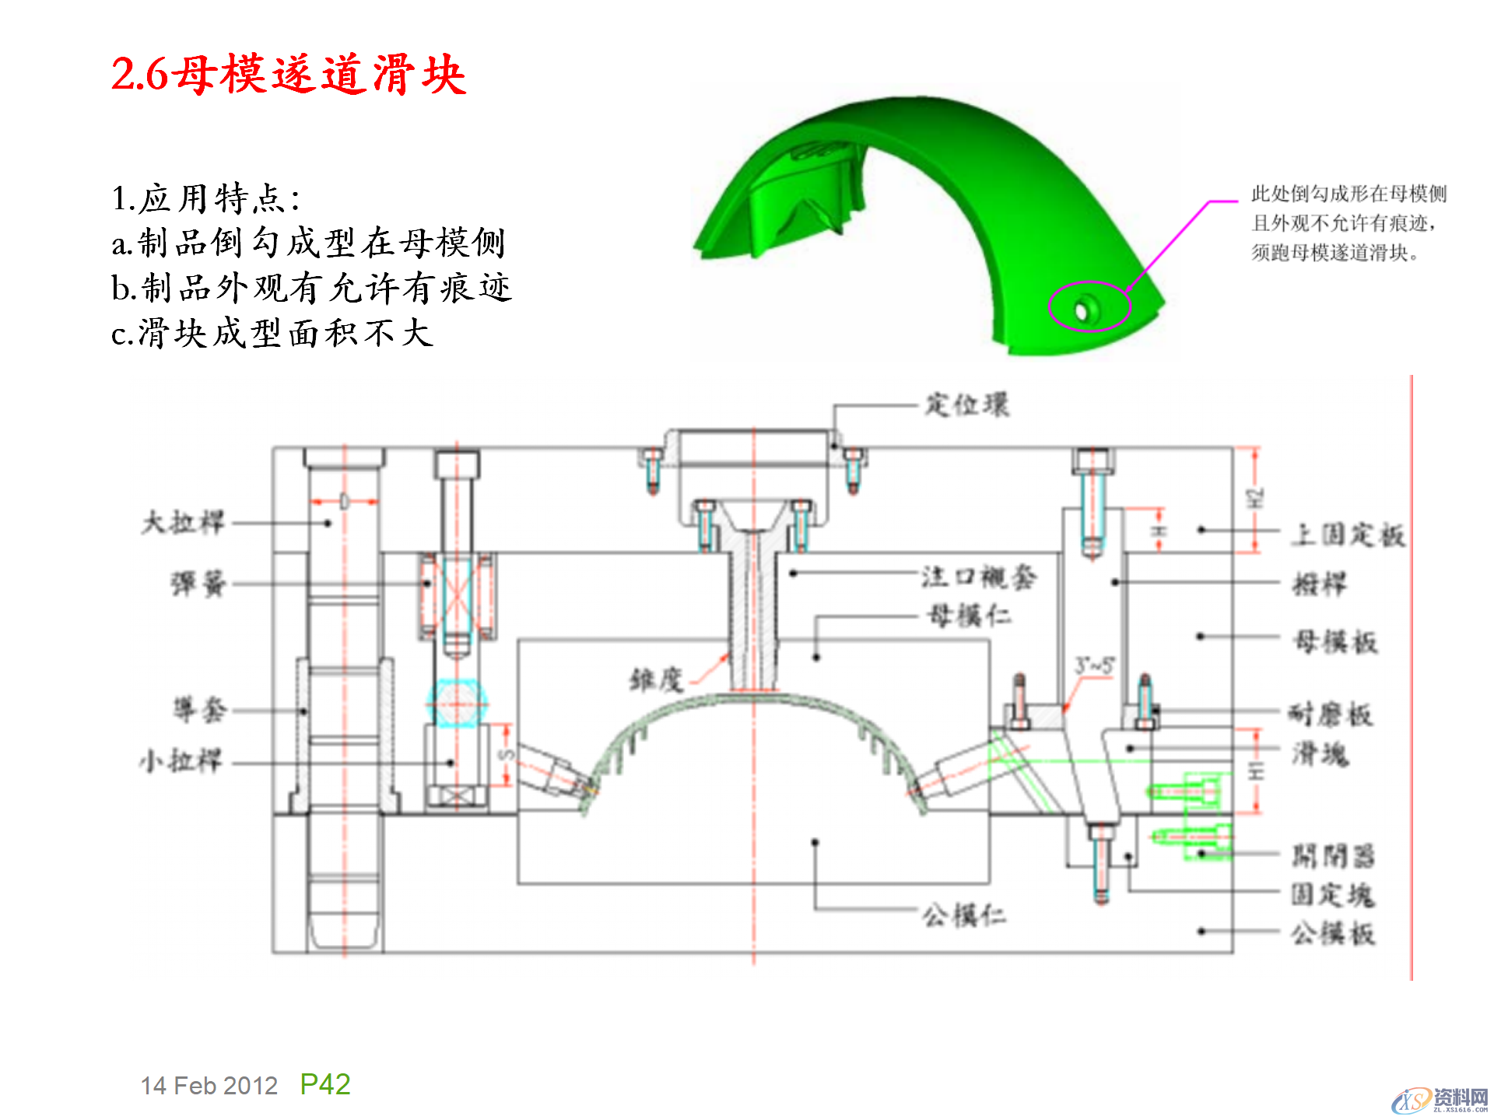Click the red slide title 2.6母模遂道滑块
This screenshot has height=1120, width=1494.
(288, 75)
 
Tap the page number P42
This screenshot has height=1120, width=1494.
(325, 1084)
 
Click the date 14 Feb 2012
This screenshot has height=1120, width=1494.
(209, 1086)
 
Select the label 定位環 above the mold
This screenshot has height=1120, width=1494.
(966, 404)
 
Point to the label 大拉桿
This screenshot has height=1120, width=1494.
(183, 522)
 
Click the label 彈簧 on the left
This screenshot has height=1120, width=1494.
(198, 583)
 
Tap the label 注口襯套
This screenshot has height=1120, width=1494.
(979, 576)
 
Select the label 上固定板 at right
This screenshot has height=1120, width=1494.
(1348, 534)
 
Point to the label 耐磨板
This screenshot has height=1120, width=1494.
(1331, 713)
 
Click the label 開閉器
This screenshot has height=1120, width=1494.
(1333, 856)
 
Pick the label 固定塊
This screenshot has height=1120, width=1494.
(1332, 894)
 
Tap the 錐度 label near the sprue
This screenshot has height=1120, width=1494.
(655, 680)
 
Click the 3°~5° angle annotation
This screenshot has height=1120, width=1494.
(1094, 666)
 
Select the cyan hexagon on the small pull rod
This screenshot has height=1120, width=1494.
(457, 703)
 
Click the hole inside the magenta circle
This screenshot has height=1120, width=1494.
(1082, 312)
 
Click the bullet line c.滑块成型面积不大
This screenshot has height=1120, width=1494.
(272, 333)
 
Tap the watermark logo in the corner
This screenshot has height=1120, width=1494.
(1440, 1100)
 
